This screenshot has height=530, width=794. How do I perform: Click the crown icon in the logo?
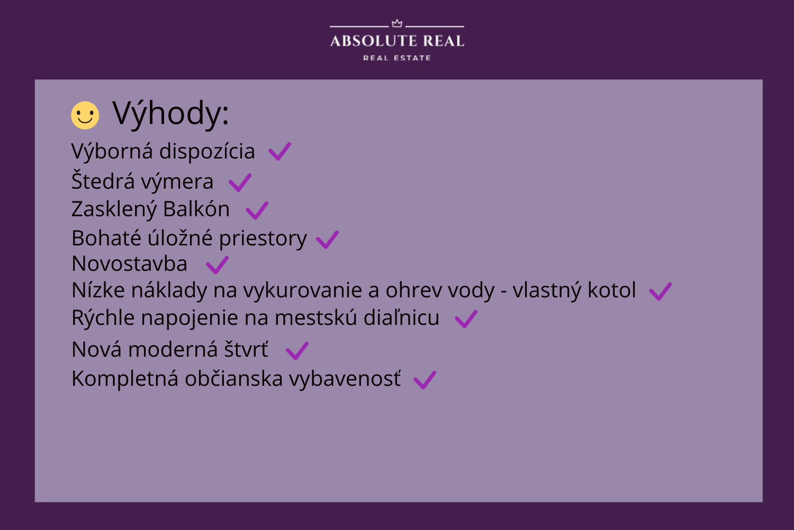pos(397,23)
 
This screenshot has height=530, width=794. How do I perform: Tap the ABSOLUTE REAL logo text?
pos(397,41)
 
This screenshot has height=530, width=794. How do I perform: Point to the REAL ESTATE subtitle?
pos(397,58)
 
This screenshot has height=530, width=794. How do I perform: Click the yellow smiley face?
pos(85,116)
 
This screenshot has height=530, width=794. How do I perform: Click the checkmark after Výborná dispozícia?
pos(279,152)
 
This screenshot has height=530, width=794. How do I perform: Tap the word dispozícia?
pos(207,152)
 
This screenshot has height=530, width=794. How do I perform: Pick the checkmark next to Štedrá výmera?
pos(240,182)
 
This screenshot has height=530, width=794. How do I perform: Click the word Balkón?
pos(196,209)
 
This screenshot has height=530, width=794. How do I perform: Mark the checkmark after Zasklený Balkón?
pos(257,210)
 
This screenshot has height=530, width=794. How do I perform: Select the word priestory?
pos(263,238)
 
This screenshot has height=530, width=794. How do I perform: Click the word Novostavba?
pos(129,264)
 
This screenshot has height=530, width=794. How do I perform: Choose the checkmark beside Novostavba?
pos(217,265)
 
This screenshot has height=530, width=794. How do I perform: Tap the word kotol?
pos(612,290)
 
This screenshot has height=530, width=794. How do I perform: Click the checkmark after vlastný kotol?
pos(661,291)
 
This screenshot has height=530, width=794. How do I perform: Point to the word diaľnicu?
pos(402,317)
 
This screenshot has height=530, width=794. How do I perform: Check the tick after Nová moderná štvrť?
pos(297,351)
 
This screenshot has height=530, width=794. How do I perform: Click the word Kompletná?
pos(125,379)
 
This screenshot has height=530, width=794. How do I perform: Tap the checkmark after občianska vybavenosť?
pos(425,380)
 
